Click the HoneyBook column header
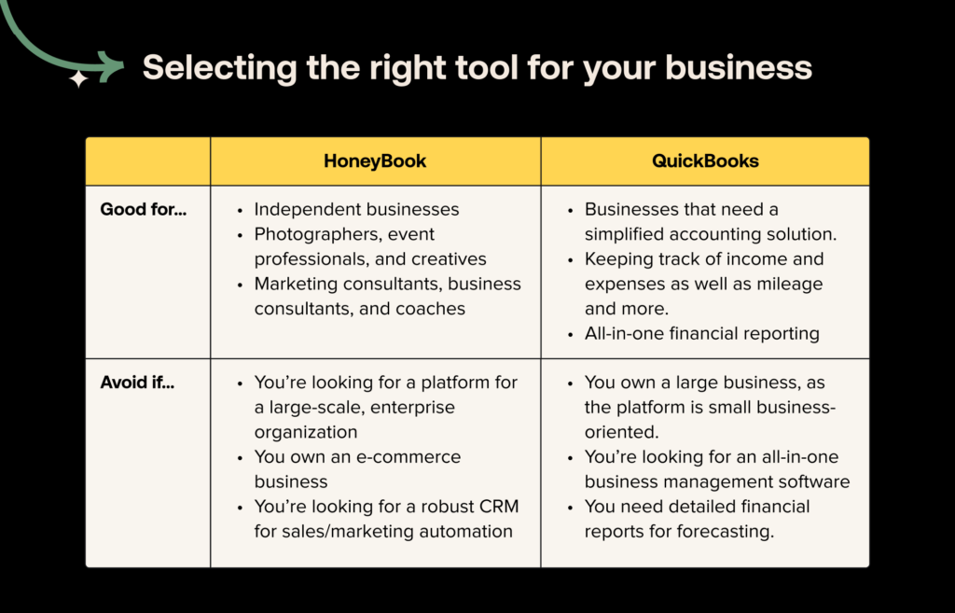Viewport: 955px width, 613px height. tap(375, 160)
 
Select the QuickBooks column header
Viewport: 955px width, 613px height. tap(705, 160)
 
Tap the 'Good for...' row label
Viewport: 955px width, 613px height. tap(144, 209)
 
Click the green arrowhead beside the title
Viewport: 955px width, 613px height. tap(112, 66)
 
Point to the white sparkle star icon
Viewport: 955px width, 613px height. tap(79, 80)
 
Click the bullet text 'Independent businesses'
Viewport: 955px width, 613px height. tap(356, 209)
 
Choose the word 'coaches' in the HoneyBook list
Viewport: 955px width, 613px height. tap(432, 309)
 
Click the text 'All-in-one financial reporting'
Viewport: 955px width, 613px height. tap(701, 333)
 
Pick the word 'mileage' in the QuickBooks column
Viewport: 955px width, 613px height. tap(792, 284)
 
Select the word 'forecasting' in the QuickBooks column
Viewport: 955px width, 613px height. tap(728, 532)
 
